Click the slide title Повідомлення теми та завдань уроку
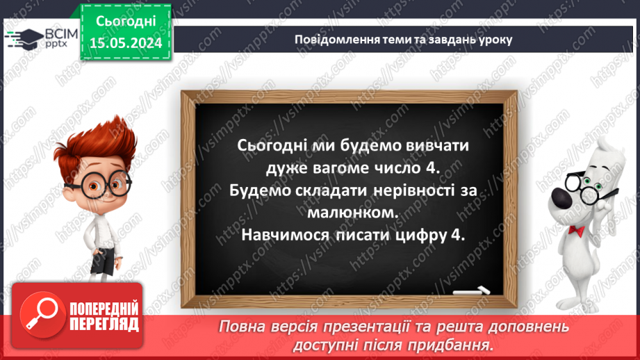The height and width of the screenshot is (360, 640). pyautogui.click(x=403, y=39)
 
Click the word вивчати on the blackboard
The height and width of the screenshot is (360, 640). pyautogui.click(x=437, y=146)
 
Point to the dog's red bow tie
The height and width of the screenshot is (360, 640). pyautogui.click(x=576, y=230)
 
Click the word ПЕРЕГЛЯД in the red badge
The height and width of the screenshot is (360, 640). pyautogui.click(x=105, y=324)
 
